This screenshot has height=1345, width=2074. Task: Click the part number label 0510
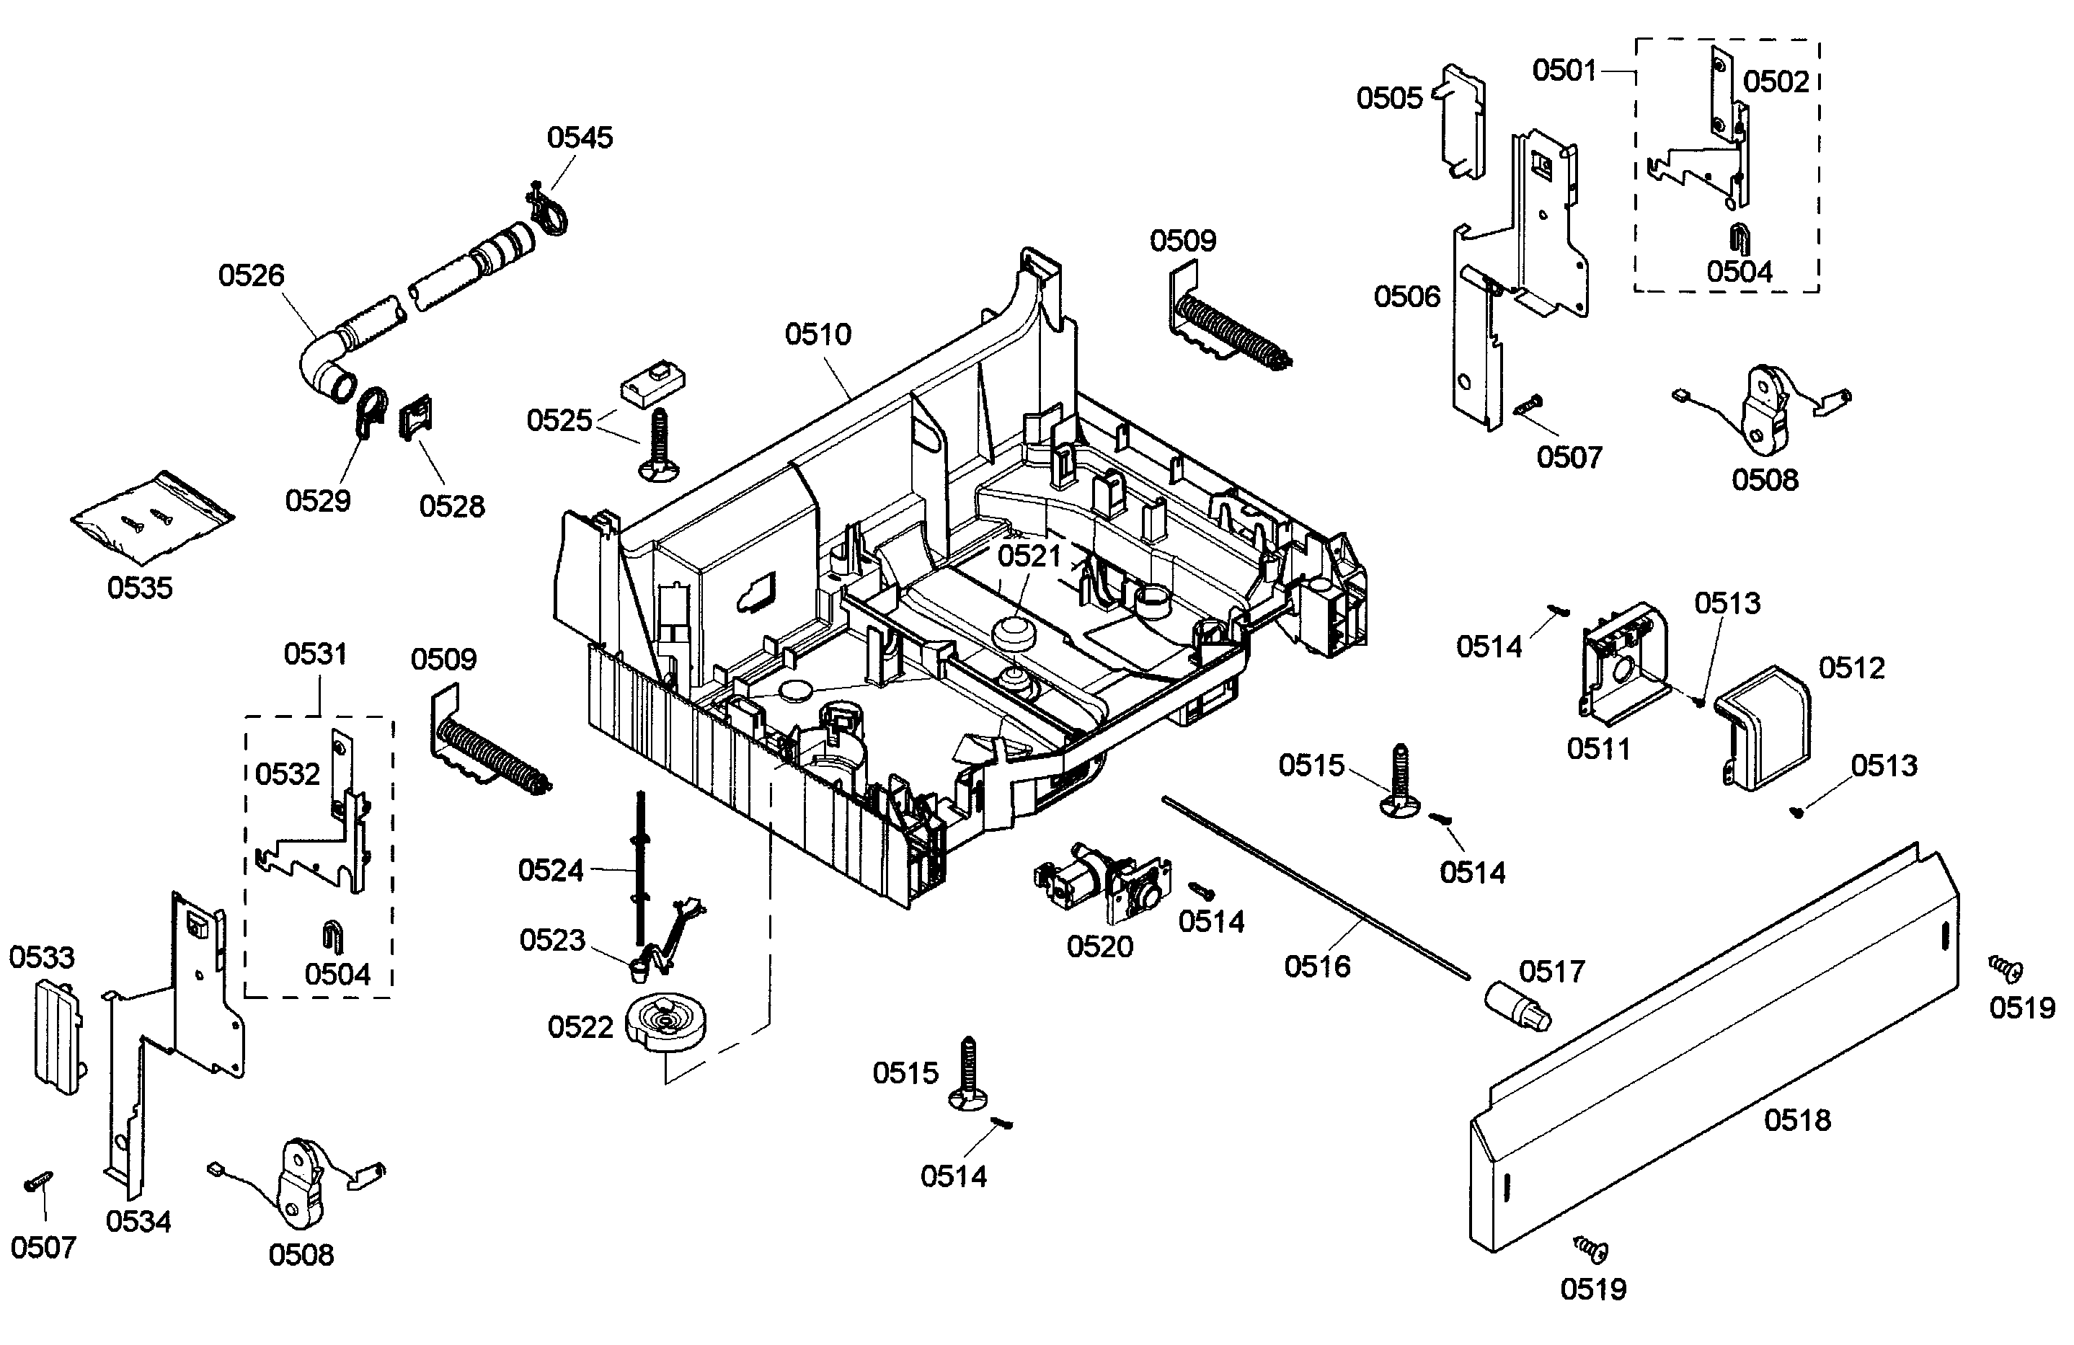[x=817, y=334]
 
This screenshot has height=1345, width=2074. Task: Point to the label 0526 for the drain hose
[x=251, y=275]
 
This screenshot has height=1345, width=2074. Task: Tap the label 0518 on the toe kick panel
[x=1797, y=1120]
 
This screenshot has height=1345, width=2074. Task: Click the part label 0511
[x=1598, y=748]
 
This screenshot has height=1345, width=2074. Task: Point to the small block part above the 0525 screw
[x=652, y=384]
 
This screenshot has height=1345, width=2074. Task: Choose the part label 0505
[x=1389, y=99]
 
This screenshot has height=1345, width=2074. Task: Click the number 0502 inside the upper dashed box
[x=1776, y=82]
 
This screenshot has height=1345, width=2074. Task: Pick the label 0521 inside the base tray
[x=1029, y=556]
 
